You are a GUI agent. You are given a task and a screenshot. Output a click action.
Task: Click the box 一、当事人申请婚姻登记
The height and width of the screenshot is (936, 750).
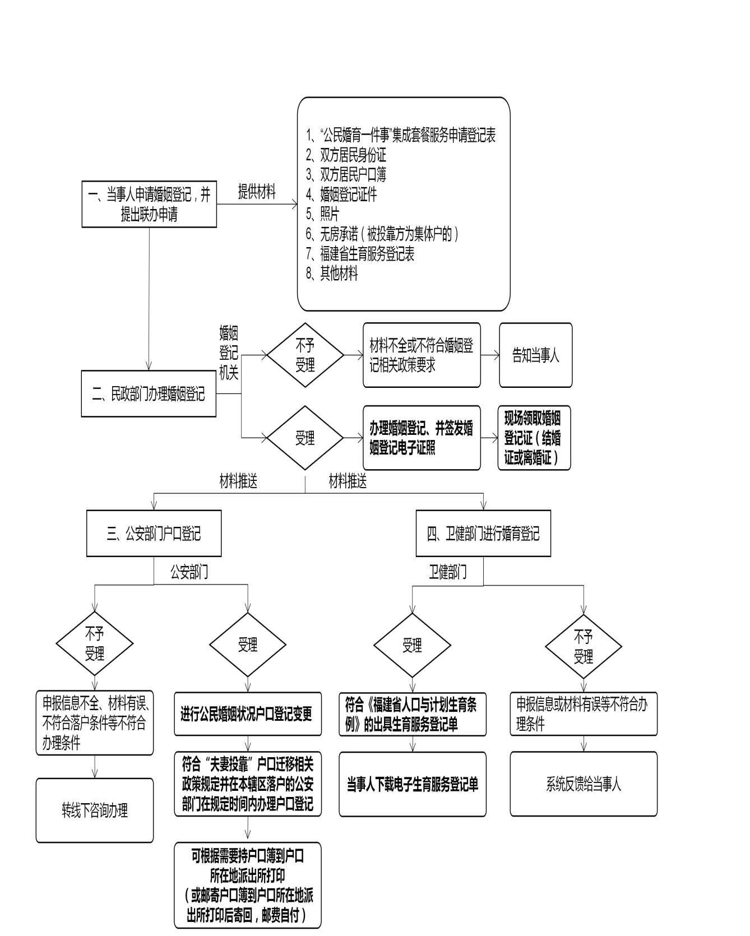coord(149,204)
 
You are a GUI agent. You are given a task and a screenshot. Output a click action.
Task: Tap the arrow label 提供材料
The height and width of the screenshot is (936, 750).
coord(257,192)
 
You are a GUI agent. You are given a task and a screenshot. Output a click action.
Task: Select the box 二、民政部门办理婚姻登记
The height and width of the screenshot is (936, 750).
coord(149,393)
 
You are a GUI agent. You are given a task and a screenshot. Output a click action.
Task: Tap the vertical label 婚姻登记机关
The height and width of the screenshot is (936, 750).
coord(229,354)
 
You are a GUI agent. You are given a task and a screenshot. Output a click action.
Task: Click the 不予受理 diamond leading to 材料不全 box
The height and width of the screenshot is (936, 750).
coord(305,355)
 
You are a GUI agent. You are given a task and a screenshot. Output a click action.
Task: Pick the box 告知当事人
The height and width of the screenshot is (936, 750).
coord(535,355)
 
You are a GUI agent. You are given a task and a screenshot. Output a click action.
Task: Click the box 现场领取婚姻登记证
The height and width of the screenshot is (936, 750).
coord(534,438)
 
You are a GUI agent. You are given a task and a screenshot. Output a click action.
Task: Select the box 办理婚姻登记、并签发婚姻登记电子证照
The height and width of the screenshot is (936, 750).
coord(422,438)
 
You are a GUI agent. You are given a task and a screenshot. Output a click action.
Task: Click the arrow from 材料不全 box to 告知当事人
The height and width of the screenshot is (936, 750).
coord(489,355)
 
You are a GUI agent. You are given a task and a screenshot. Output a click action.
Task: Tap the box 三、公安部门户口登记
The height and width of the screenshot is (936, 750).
coord(154,533)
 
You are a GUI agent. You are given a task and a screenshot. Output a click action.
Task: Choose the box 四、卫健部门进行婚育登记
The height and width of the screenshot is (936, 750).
coord(483,533)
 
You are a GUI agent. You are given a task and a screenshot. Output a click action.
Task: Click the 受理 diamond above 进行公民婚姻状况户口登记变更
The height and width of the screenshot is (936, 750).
coord(247,645)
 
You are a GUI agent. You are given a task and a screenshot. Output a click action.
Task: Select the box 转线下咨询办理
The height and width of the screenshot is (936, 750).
coord(95,810)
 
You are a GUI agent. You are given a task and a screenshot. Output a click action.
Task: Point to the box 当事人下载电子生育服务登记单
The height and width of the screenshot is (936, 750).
coord(413,784)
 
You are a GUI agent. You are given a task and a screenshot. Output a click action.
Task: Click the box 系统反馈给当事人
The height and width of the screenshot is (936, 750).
coord(584,784)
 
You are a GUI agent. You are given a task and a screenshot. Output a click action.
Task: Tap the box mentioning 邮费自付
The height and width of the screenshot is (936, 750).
coord(247,885)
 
